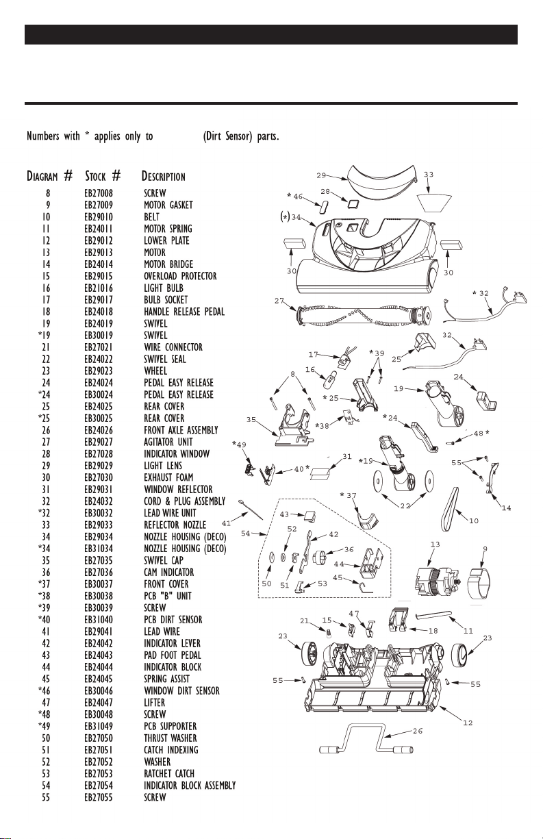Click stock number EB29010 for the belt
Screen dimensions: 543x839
(99, 217)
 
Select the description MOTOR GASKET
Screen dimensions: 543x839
(168, 205)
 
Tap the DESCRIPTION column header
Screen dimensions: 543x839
(163, 176)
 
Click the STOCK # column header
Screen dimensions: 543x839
(103, 175)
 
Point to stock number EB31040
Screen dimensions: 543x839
(99, 620)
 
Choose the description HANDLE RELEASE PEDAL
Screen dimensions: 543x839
(184, 312)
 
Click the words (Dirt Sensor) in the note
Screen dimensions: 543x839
(227, 136)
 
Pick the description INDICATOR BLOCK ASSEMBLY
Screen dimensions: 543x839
(190, 786)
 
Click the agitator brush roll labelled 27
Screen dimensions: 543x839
(363, 315)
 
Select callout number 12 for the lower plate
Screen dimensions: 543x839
(468, 723)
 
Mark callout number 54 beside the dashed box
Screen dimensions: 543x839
(245, 534)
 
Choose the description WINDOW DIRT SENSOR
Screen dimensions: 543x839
(182, 691)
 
